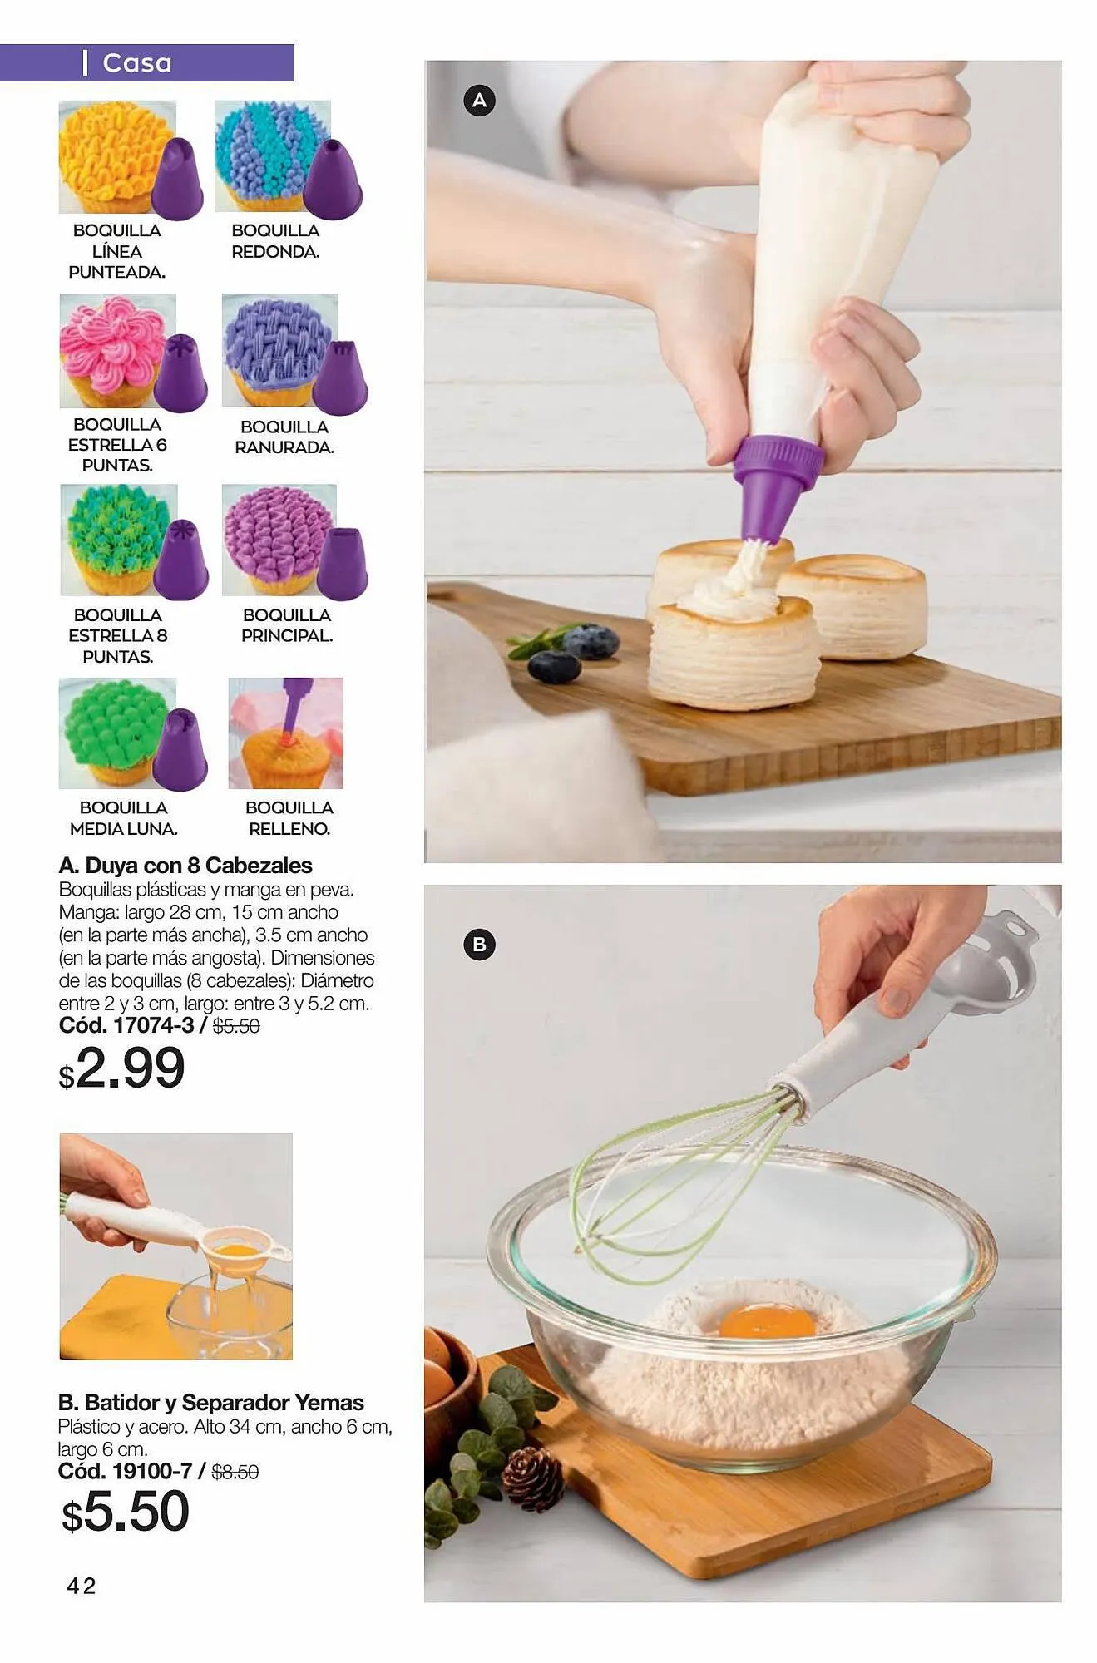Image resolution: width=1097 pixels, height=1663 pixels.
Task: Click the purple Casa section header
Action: [x=146, y=62]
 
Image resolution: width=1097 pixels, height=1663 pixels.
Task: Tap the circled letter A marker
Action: [x=479, y=101]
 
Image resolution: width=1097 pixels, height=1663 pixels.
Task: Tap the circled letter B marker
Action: [x=479, y=945]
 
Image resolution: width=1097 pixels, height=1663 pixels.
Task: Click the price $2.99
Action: [x=122, y=1068]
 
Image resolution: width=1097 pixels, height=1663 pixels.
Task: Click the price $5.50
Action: [x=126, y=1511]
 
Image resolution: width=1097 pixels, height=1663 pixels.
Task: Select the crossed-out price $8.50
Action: [x=235, y=1472]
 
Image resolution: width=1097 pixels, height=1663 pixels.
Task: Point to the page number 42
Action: [x=82, y=1586]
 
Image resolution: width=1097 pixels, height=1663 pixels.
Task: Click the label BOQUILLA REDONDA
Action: [x=275, y=241]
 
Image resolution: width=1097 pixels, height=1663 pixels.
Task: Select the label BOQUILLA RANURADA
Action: [x=284, y=437]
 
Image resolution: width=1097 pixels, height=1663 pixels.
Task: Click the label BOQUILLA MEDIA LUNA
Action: [x=123, y=818]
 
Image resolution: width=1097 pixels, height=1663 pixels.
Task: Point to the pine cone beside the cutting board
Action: [x=533, y=1477]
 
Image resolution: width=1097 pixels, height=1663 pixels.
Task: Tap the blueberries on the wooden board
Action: [x=574, y=654]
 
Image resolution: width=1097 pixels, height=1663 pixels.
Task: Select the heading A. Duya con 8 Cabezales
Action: [x=185, y=866]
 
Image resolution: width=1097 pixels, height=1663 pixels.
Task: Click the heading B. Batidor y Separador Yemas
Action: [x=210, y=1403]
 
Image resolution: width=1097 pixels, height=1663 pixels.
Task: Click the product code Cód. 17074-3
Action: [x=126, y=1025]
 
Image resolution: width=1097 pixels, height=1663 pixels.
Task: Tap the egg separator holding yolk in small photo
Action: [x=237, y=1250]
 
